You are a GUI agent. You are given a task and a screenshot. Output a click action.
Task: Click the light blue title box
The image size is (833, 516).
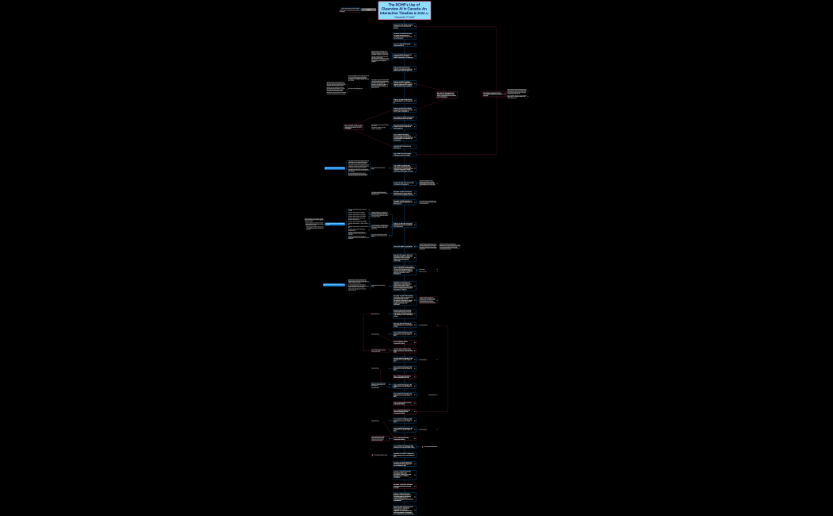[404, 10]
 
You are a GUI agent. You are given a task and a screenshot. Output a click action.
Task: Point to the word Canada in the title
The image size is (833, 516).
[415, 10]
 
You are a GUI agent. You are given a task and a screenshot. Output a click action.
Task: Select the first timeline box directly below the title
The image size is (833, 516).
[404, 26]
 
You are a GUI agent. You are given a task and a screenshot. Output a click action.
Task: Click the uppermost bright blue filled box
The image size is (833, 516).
[335, 168]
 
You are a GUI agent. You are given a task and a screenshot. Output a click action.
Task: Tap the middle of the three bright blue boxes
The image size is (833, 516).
[335, 224]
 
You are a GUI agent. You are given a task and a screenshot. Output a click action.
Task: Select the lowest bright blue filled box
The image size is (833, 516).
[334, 284]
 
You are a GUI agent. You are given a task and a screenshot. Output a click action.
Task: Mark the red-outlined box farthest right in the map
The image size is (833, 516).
[493, 94]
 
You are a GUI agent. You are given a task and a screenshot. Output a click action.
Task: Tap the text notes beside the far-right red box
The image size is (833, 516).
[517, 94]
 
